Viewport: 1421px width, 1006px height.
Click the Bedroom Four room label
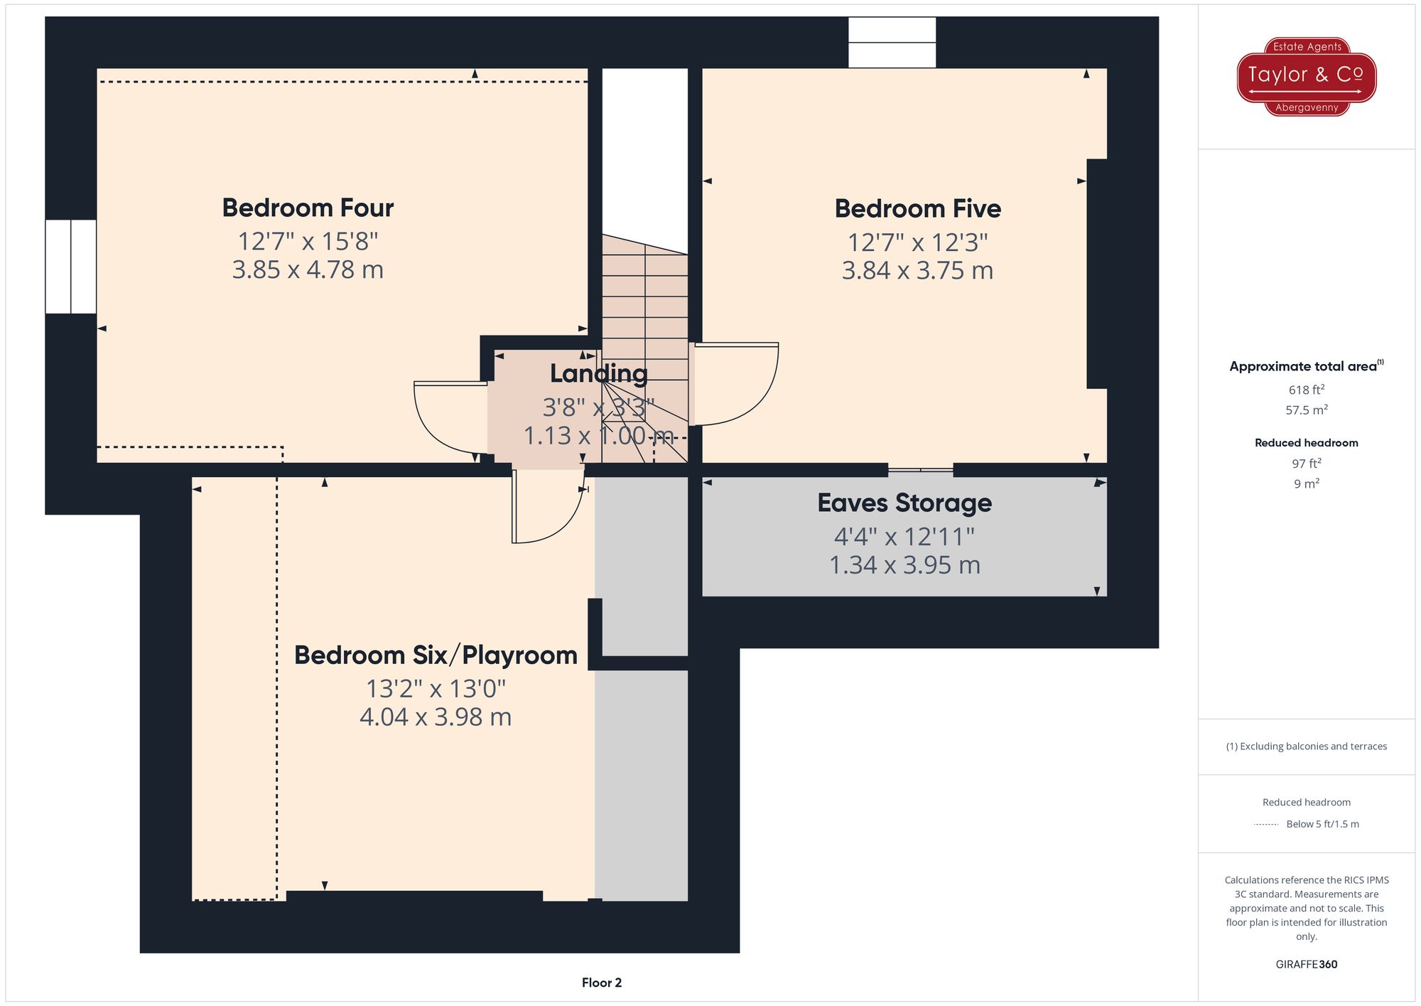tap(308, 208)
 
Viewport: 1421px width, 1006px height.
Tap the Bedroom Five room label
tap(918, 208)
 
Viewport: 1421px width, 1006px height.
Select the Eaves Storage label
tap(904, 503)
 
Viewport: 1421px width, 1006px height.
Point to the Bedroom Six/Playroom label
tap(436, 655)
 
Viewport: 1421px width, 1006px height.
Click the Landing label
tap(599, 373)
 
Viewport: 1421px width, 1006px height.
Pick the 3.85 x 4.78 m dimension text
tap(308, 269)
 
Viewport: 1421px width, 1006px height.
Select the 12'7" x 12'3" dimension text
tap(918, 242)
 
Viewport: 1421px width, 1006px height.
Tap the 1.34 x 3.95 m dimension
tap(904, 565)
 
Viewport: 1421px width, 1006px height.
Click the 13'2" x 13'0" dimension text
tap(436, 688)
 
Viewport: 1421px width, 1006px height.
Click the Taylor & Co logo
tap(1307, 77)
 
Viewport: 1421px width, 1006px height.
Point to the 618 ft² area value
tap(1307, 390)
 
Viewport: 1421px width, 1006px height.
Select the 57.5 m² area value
tap(1307, 410)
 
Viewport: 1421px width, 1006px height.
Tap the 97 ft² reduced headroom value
tap(1307, 464)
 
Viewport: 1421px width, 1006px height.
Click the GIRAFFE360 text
tap(1307, 965)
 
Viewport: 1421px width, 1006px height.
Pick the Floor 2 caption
tap(602, 983)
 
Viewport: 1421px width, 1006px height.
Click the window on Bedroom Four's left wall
tap(70, 267)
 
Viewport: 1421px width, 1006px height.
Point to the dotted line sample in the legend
tap(1266, 825)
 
